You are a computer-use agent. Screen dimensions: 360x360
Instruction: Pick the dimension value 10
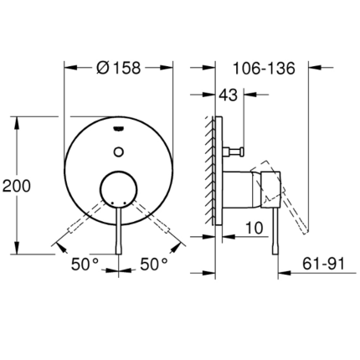[x=256, y=227]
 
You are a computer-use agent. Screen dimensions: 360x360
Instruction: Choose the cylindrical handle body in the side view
[x=251, y=191]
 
